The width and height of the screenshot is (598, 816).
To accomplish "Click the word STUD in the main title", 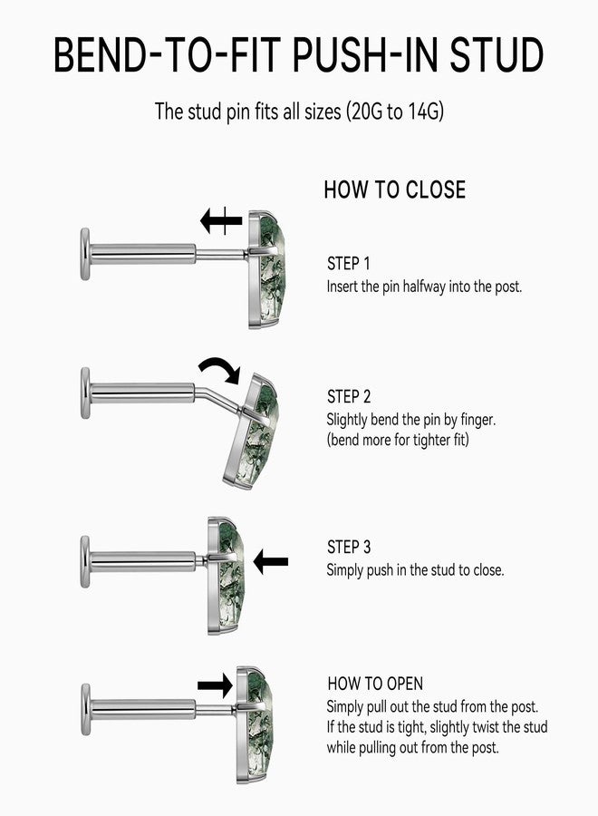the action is pos(497,54).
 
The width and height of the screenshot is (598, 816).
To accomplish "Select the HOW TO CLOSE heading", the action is pos(395,189).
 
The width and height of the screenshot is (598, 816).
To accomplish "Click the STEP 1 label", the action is pos(349,263).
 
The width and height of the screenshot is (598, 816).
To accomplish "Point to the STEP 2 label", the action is pos(349,396).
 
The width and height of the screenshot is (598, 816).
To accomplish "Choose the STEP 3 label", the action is pos(349,547).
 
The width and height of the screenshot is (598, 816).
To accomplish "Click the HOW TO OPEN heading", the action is pos(375,684).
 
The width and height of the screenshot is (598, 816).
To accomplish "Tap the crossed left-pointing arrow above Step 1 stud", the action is pos(221,220).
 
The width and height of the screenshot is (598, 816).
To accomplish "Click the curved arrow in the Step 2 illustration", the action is pos(219,367).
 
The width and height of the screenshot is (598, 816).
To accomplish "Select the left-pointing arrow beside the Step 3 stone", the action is pos(270,562).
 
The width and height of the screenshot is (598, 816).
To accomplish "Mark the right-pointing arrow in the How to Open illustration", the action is pos(215,685).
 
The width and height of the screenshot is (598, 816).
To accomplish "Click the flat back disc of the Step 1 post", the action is pos(85,254).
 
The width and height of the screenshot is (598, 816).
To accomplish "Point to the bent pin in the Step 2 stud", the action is pos(217,400).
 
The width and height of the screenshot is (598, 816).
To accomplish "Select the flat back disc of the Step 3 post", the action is pos(85,562).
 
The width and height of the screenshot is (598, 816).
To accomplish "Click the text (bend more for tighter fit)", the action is pos(398,440).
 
